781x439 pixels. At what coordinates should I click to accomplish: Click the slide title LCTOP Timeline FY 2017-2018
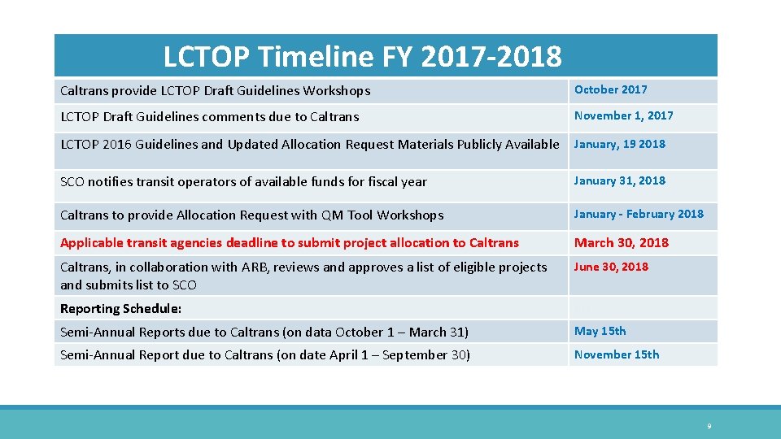[x=362, y=57]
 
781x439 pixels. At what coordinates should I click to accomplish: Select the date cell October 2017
[x=610, y=89]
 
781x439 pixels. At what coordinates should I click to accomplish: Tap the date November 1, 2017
[x=623, y=115]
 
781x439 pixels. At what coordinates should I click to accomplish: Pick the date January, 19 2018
[x=619, y=144]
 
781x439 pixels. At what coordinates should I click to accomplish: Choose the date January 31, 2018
[x=619, y=180]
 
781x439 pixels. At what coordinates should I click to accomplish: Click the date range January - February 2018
[x=639, y=214]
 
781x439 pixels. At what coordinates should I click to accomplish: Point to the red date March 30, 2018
[x=622, y=242]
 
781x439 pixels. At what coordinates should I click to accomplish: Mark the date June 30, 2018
[x=611, y=267]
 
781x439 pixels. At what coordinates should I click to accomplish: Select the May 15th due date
[x=600, y=331]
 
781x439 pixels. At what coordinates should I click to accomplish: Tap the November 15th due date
[x=617, y=354]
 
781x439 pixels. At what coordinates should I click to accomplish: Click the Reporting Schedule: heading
[x=120, y=308]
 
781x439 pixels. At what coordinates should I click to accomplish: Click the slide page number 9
[x=709, y=426]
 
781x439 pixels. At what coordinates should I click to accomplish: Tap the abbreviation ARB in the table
[x=253, y=267]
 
